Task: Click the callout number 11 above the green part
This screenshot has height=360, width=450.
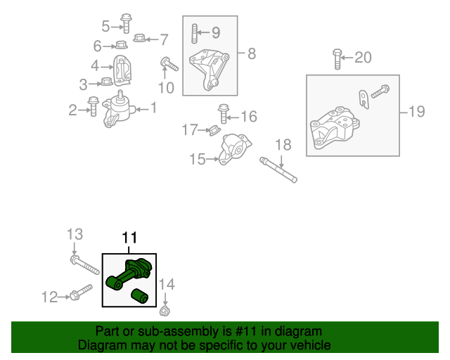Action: [130, 238]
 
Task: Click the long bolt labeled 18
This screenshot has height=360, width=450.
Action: [279, 169]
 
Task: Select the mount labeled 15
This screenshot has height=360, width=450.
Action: [233, 150]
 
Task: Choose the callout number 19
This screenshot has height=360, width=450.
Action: [417, 111]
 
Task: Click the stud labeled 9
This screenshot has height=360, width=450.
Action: [194, 32]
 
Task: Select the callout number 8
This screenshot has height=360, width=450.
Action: [251, 53]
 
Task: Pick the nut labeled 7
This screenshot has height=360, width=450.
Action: [139, 39]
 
